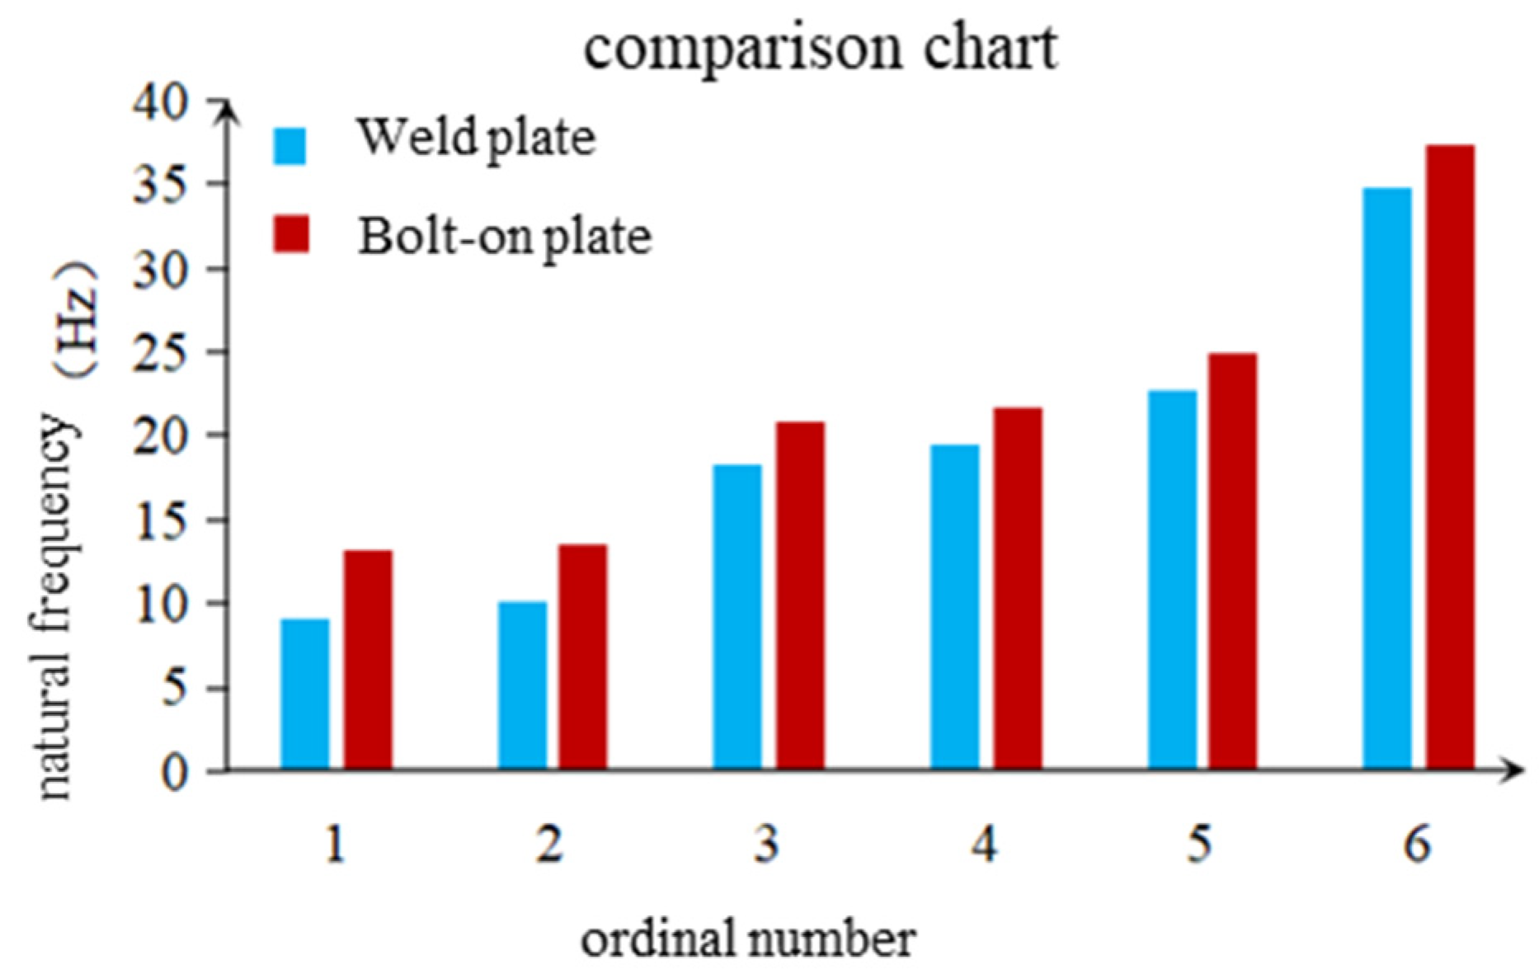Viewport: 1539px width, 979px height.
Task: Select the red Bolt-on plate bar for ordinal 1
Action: coord(368,660)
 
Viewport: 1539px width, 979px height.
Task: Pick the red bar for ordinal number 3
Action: coord(800,595)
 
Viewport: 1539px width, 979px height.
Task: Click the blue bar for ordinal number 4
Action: coord(955,607)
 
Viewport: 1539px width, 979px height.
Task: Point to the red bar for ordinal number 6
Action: coord(1451,458)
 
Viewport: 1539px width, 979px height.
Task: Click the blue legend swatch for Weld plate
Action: coord(290,146)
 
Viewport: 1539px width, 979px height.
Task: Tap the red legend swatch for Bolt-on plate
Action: coord(290,234)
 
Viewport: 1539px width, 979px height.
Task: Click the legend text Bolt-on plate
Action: coord(505,237)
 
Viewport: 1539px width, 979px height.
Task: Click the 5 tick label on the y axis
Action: coord(174,688)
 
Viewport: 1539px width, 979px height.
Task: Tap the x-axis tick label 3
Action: coord(767,845)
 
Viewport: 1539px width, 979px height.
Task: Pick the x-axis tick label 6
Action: coord(1417,845)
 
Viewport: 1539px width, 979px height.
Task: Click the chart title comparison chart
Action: coord(821,47)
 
